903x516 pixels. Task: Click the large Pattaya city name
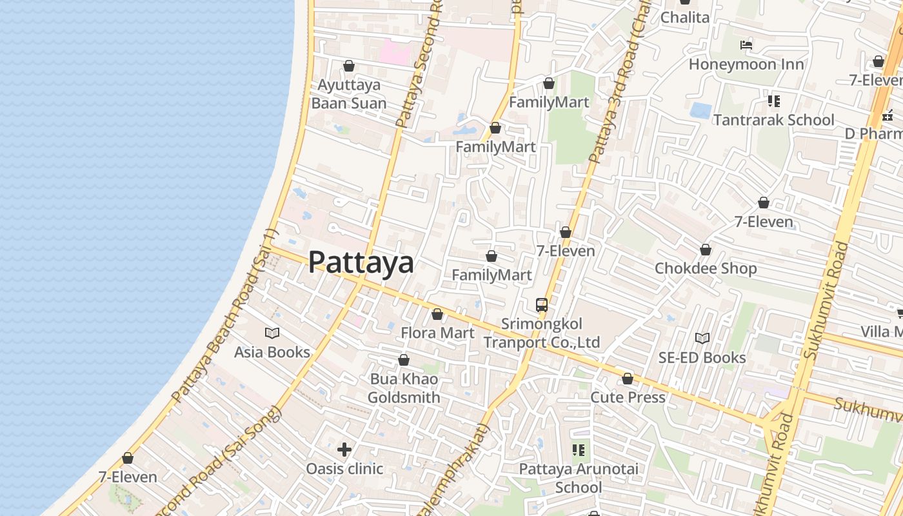[361, 263]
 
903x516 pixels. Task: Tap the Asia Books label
[272, 352]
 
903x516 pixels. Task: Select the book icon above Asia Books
[272, 333]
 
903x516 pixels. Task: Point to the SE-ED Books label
[702, 357]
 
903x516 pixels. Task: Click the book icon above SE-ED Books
[702, 338]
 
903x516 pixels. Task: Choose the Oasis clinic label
[344, 468]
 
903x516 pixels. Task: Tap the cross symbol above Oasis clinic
[344, 449]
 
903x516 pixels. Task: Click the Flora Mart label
[437, 333]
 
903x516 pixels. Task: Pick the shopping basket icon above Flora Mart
[437, 314]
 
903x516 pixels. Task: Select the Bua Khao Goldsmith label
[404, 388]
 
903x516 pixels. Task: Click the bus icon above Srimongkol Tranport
[542, 305]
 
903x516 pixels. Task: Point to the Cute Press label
[628, 397]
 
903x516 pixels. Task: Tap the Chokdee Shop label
[706, 268]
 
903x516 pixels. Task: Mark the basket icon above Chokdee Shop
[706, 250]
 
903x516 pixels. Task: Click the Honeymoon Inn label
[746, 64]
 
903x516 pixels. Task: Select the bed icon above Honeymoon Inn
[746, 45]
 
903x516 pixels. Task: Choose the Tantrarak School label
[773, 120]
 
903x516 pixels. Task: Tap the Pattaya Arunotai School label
[579, 478]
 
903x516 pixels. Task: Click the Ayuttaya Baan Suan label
[349, 94]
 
